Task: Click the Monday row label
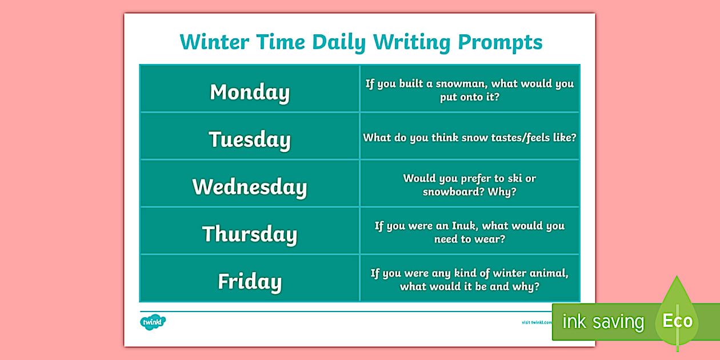[x=250, y=92]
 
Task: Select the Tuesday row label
[x=250, y=139]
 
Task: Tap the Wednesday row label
[x=250, y=187]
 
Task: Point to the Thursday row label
[x=250, y=234]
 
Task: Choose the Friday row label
[x=250, y=282]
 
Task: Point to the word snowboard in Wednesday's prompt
[x=453, y=192]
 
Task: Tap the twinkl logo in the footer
[x=153, y=322]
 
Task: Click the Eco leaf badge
[x=677, y=320]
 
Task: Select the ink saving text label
[x=603, y=322]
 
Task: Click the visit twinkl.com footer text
[x=537, y=322]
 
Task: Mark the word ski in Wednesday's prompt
[x=514, y=178]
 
